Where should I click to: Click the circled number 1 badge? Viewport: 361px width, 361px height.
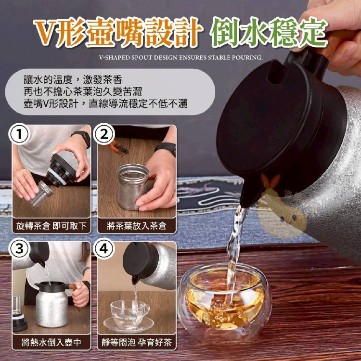[x=19, y=134]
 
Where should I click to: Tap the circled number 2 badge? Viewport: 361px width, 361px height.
[x=104, y=134]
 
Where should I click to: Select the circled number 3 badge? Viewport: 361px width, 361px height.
[x=19, y=249]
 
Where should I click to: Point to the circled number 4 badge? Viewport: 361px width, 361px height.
[x=104, y=249]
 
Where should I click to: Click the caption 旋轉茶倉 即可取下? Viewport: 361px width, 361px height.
[x=51, y=226]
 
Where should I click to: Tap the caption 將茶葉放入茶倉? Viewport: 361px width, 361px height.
[x=136, y=226]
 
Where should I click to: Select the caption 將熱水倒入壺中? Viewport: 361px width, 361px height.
[x=51, y=342]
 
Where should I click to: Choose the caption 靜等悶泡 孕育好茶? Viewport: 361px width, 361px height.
[x=137, y=342]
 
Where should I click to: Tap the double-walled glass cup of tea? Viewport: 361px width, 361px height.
[x=225, y=300]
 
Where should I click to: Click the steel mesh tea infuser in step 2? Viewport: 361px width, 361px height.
[x=133, y=186]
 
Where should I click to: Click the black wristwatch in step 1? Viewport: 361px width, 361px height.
[x=81, y=138]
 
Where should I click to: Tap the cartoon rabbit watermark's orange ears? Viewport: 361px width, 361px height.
[x=271, y=180]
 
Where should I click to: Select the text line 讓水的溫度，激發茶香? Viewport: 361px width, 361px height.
[x=73, y=80]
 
